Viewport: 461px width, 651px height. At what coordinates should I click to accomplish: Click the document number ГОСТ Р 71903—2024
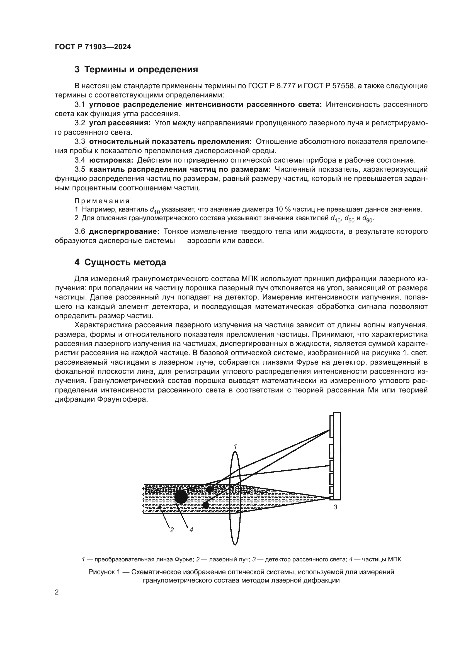pyautogui.click(x=93, y=47)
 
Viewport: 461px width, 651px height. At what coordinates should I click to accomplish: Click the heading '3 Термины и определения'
pyautogui.click(x=136, y=70)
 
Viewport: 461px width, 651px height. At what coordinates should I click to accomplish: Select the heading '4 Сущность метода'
pyautogui.click(x=120, y=262)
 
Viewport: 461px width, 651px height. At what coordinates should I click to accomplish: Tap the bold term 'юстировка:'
pyautogui.click(x=111, y=160)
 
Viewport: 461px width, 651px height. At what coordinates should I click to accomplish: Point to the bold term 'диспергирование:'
pyautogui.click(x=124, y=231)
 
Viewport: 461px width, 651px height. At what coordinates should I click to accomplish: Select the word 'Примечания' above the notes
pyautogui.click(x=102, y=201)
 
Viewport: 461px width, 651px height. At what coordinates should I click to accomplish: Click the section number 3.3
pyautogui.click(x=80, y=141)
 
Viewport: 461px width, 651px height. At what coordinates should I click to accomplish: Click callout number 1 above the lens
pyautogui.click(x=235, y=446)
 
